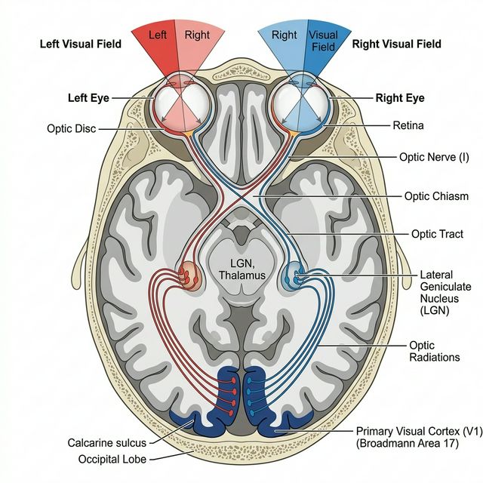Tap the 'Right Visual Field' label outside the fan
pyautogui.click(x=396, y=45)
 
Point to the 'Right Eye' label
pyautogui.click(x=400, y=99)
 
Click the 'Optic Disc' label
pyautogui.click(x=72, y=129)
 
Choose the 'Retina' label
pyautogui.click(x=408, y=125)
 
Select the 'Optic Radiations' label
pyautogui.click(x=433, y=351)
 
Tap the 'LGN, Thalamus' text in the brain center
pyautogui.click(x=242, y=269)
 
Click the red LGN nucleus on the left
pyautogui.click(x=190, y=276)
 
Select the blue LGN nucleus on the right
pyautogui.click(x=294, y=277)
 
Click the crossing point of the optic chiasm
pyautogui.click(x=241, y=195)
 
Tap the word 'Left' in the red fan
pyautogui.click(x=158, y=35)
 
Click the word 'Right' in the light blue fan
pyautogui.click(x=284, y=35)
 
